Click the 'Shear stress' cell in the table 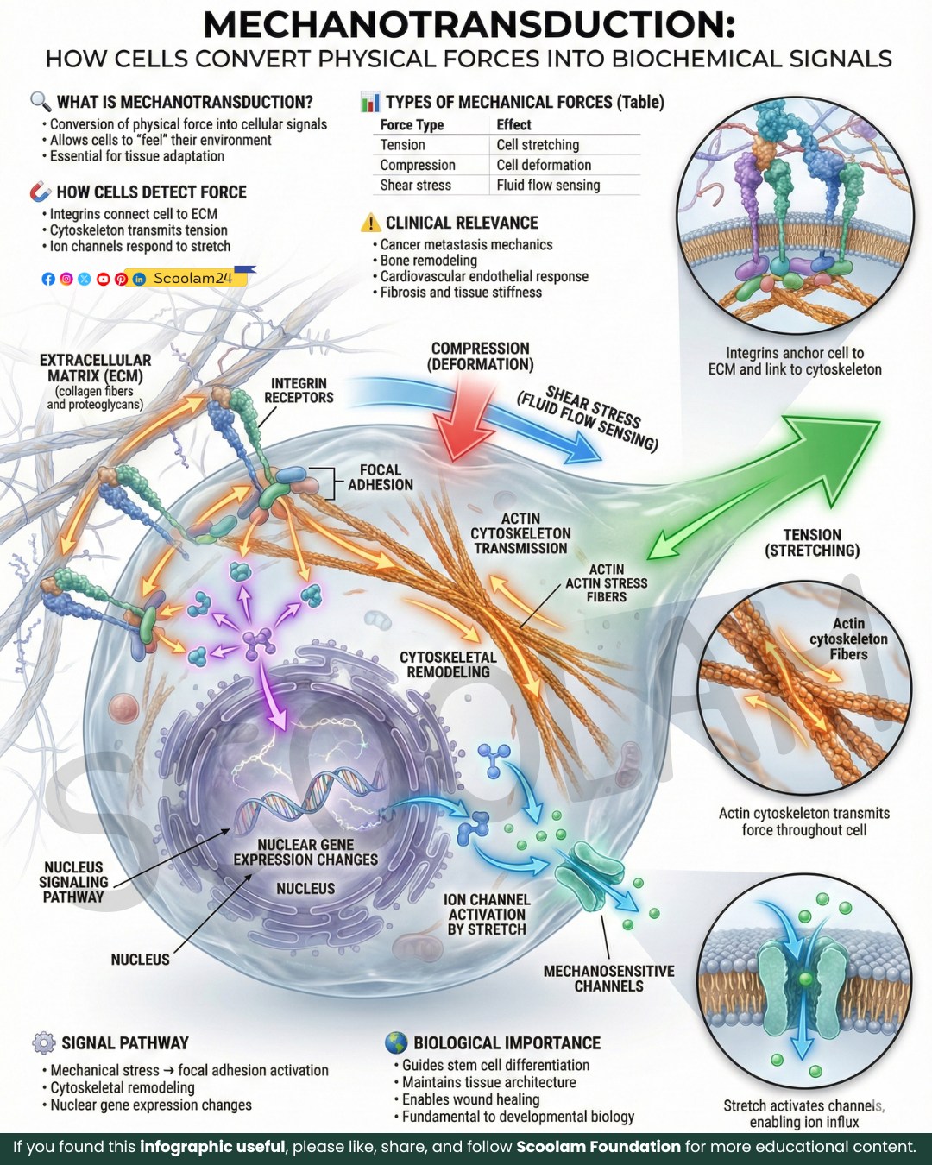pos(415,186)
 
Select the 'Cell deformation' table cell pos(544,165)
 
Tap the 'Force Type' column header pos(412,125)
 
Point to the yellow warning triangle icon pos(370,223)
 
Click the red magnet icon pos(40,192)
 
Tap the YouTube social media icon pos(103,279)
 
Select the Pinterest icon pos(121,279)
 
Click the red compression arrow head pos(464,438)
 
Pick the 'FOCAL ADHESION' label pos(381,477)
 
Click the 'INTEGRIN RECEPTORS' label pos(299,390)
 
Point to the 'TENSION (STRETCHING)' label pos(812,543)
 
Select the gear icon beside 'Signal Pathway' pos(43,1042)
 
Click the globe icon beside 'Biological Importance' pos(396,1042)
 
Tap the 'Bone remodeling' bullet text pos(428,261)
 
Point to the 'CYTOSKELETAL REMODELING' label pos(448,664)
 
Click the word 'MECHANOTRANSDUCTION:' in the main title pos(469,25)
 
